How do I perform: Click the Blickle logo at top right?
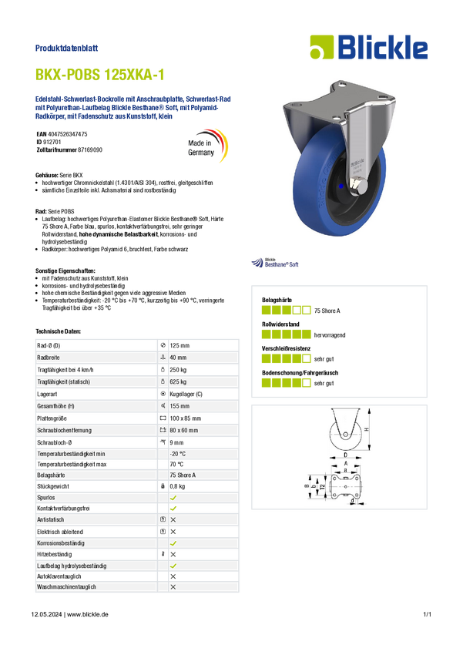pos(369,47)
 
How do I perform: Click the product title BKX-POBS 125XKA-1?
pos(100,74)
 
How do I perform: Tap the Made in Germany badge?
pos(207,146)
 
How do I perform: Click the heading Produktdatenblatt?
pos(66,48)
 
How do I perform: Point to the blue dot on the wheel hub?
pos(341,186)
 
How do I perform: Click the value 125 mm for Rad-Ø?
pos(179,345)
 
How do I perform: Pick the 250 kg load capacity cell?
pos(178,370)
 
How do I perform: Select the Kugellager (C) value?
pos(186,394)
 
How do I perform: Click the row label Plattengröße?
pos(52,418)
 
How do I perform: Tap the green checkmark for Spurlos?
pos(173,498)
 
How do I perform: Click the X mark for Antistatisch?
pos(173,519)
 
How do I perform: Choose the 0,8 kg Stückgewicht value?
pos(177,486)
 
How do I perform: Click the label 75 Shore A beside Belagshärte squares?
pos(327,311)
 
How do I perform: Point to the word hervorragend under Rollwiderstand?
pos(330,335)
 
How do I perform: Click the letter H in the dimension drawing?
pos(367,429)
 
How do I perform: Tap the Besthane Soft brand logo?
pos(275,262)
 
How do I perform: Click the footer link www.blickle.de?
pos(88,614)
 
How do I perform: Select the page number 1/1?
pos(427,614)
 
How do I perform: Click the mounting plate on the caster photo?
pos(339,99)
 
